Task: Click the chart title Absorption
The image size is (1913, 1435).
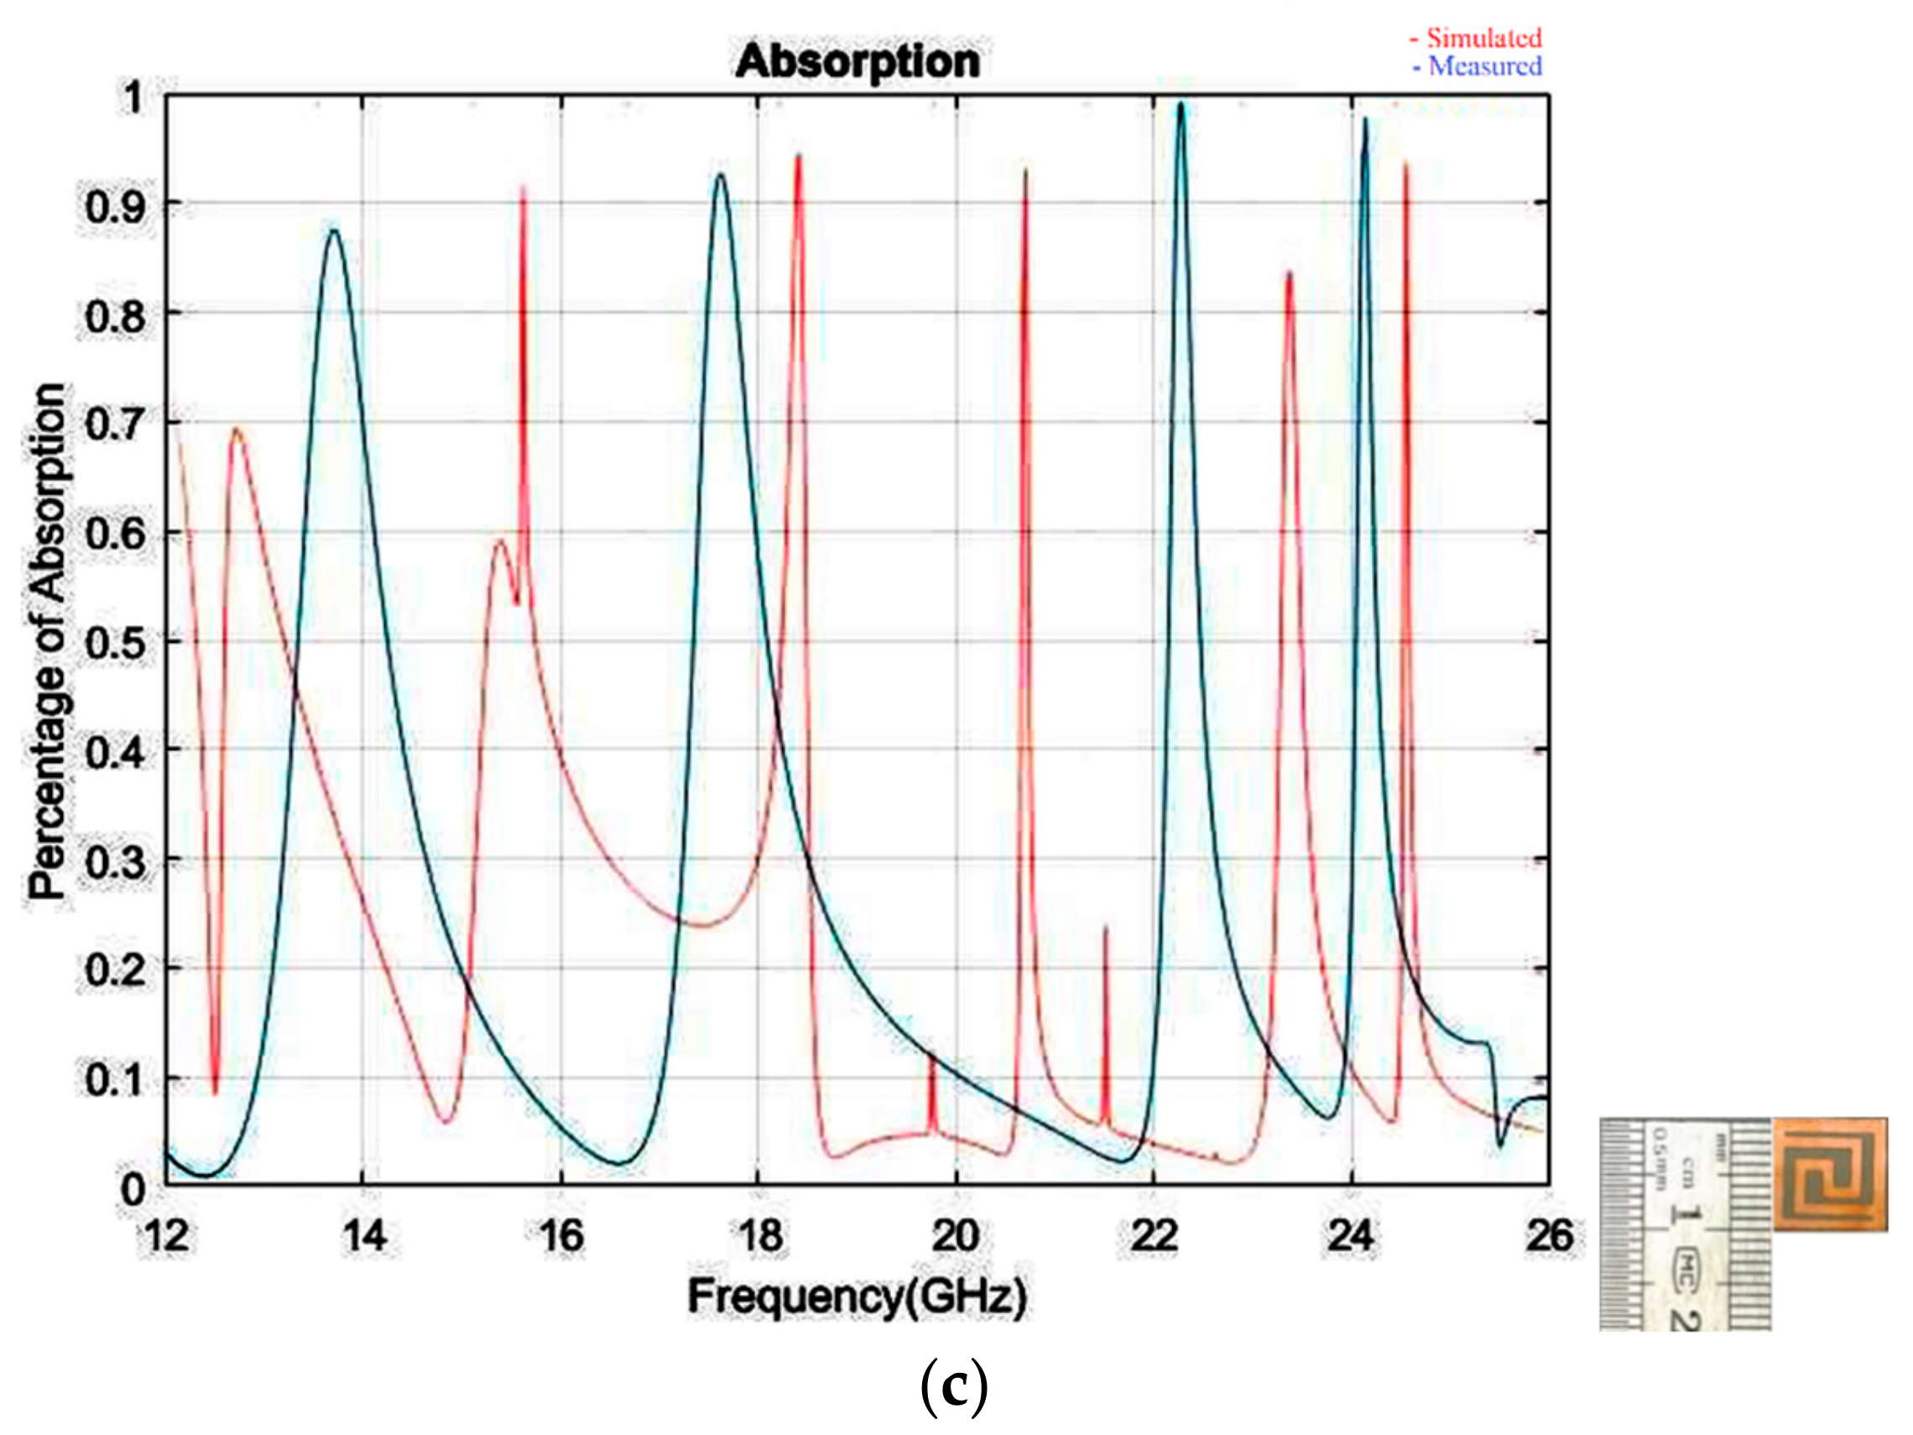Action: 857,62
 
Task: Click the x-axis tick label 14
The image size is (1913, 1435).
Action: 364,1235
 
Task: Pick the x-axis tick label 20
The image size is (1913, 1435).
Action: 956,1235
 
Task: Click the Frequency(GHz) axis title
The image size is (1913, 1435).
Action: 857,1297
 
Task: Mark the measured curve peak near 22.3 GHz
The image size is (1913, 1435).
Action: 1181,106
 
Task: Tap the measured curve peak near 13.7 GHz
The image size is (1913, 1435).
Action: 334,230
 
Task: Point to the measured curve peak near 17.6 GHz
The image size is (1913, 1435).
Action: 721,175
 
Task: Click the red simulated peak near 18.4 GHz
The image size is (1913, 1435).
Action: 798,159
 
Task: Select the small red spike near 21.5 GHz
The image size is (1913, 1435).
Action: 1105,929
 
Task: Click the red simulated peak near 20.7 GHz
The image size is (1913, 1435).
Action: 1025,172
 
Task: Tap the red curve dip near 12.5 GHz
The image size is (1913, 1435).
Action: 215,1092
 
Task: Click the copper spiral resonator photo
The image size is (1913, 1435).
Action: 1830,1173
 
